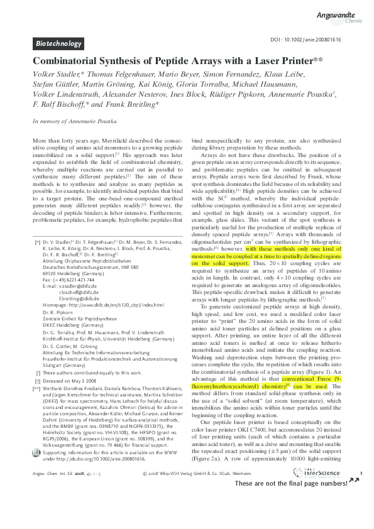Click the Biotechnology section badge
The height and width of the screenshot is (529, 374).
click(58, 43)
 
